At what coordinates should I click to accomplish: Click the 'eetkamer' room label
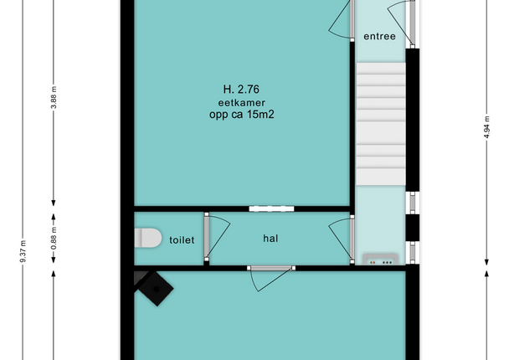241,103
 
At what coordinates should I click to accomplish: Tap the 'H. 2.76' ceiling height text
241,89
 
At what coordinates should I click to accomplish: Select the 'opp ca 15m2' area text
241,114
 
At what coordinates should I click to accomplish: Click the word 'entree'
379,36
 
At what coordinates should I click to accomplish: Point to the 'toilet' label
182,240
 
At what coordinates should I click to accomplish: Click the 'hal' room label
270,239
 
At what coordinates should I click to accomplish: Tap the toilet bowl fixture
148,238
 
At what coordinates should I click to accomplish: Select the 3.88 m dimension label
54,97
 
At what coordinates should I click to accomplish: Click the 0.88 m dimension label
54,239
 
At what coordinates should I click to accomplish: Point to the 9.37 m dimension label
23,251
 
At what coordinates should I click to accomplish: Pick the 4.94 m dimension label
486,127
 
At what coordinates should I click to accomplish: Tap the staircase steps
381,124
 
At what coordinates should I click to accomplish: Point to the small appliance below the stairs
380,260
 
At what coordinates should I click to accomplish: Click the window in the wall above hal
271,208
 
